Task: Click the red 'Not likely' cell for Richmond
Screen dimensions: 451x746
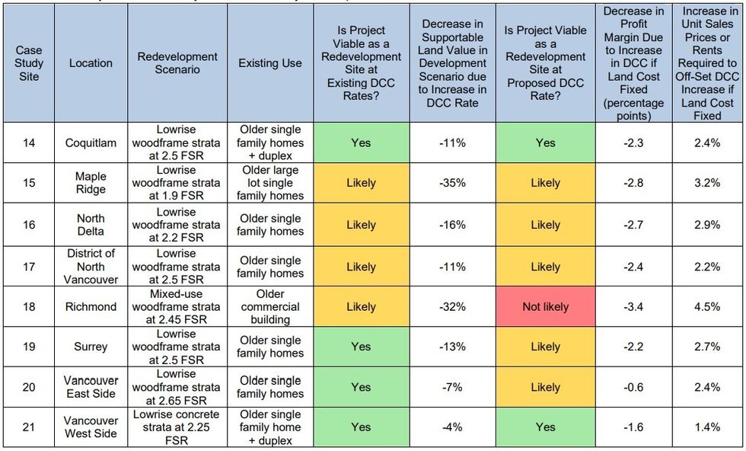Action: click(545, 307)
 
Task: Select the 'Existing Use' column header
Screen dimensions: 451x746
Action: click(269, 63)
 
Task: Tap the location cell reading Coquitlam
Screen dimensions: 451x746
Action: click(91, 142)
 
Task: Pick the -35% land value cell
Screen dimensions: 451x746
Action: click(452, 183)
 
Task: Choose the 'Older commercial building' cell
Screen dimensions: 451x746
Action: click(269, 307)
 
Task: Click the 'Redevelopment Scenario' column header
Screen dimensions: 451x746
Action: click(177, 63)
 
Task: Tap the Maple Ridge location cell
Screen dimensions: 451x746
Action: click(91, 183)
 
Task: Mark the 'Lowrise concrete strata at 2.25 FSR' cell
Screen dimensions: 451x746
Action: click(177, 427)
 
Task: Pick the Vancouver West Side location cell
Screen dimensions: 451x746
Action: click(91, 427)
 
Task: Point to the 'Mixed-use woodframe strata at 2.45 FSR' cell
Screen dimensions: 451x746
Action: click(177, 307)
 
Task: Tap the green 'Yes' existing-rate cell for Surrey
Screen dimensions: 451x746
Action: click(362, 347)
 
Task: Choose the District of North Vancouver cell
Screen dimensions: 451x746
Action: click(91, 267)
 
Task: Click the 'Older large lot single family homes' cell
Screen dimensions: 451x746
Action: click(269, 183)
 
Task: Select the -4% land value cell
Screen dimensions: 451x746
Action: click(452, 427)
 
